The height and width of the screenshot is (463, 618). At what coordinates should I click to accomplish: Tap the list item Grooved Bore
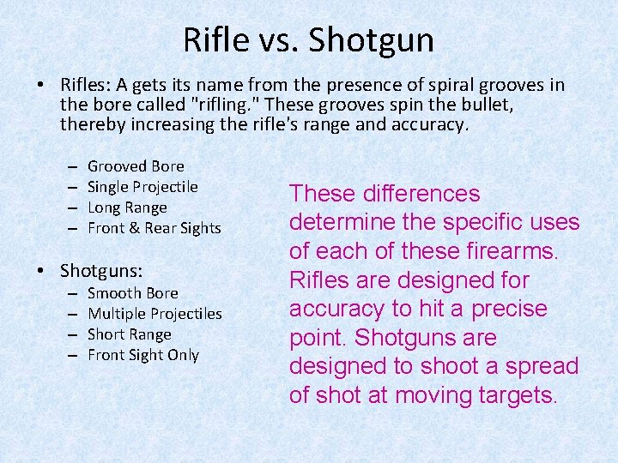click(136, 166)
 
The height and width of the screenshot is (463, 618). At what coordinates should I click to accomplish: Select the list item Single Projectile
click(142, 187)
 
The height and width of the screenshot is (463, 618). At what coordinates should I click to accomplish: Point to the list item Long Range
click(127, 207)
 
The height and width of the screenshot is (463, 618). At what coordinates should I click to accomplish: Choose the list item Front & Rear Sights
click(154, 228)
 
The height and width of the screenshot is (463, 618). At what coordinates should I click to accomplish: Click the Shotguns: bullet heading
click(101, 271)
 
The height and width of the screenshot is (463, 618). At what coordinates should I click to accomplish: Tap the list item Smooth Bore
click(133, 293)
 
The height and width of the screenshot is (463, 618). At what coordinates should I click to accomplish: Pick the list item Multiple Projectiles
click(154, 314)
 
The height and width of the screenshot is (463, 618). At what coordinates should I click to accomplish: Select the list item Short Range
click(130, 334)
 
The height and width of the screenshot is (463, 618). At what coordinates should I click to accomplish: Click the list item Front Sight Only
click(143, 355)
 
